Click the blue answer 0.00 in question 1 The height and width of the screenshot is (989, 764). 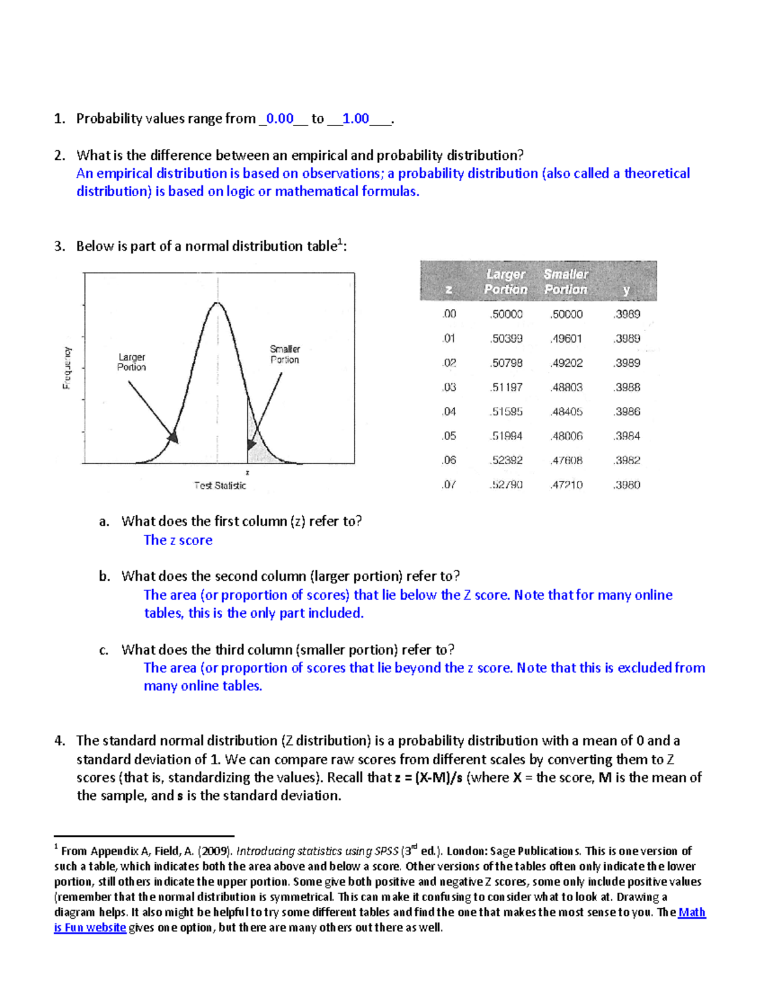coord(279,118)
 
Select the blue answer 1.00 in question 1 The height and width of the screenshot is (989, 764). coord(355,118)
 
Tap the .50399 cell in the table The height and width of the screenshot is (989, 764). coord(506,339)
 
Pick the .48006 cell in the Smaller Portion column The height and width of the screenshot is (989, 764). coord(566,436)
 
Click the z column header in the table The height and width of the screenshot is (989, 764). coord(449,290)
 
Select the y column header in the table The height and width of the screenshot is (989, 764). coord(626,290)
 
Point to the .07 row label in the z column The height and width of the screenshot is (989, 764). coord(449,485)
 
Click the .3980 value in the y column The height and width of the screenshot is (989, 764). coord(626,485)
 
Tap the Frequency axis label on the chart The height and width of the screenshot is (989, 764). coord(66,368)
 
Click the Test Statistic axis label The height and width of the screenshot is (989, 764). coord(220,485)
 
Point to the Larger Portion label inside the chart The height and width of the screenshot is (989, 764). coord(131,362)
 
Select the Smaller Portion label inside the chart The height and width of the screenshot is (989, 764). coord(285,355)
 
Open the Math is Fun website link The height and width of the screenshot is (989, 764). coord(691,913)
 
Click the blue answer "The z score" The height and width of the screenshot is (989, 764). coord(178,540)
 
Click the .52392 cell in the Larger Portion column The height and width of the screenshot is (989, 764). coord(506,460)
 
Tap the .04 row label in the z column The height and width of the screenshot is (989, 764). coord(449,412)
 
